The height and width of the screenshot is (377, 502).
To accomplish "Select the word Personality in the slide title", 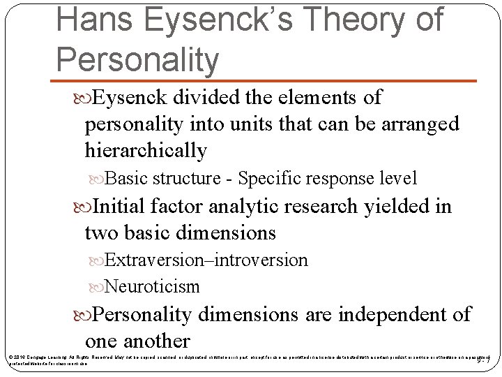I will pos(137,59).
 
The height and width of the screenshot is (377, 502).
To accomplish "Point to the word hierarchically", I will pos(146,150).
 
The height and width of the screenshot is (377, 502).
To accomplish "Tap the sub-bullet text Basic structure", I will pos(162,178).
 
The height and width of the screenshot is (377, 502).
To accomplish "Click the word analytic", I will pos(242,207).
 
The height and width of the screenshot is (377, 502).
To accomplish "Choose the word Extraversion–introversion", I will pos(206,260).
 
